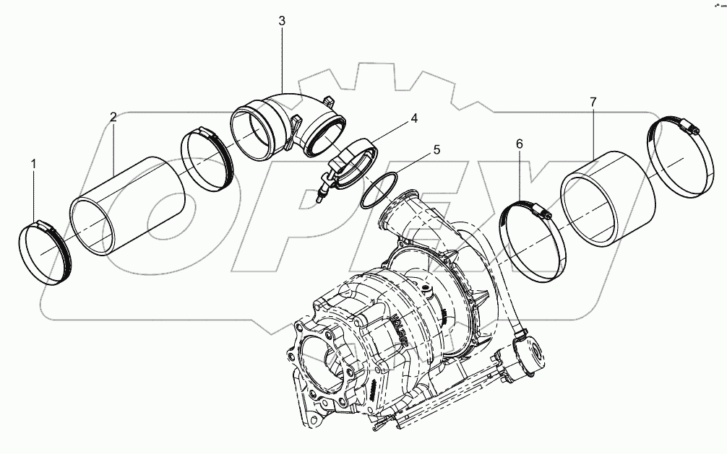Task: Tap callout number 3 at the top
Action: click(x=282, y=22)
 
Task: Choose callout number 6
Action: click(x=519, y=144)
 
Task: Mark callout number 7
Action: click(x=593, y=102)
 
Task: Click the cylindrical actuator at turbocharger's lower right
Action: click(x=530, y=354)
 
